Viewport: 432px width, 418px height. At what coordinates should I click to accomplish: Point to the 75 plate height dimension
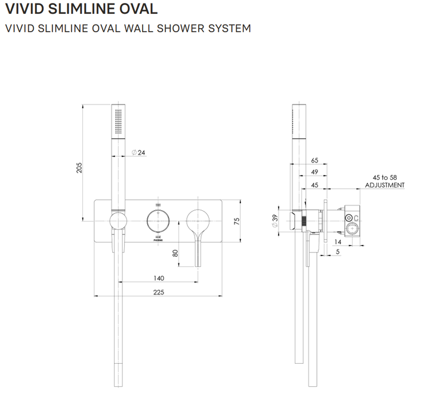[236, 220]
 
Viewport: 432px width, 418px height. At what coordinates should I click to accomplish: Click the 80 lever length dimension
[175, 252]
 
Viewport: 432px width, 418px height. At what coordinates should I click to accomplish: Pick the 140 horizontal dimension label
[159, 278]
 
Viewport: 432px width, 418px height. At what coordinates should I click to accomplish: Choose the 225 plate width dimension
[158, 292]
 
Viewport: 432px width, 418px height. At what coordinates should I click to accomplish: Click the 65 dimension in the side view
[315, 160]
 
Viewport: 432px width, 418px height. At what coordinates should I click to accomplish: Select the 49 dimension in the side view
[315, 172]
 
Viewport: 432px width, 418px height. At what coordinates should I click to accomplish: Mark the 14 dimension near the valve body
[338, 241]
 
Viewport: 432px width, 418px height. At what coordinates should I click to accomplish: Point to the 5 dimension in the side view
[338, 252]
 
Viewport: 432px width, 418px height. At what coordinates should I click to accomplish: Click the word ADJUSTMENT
[385, 185]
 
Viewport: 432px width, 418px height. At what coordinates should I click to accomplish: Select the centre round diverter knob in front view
[158, 220]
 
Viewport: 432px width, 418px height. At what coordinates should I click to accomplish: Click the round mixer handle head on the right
[198, 220]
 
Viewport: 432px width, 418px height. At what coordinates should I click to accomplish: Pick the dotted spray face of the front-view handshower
[119, 122]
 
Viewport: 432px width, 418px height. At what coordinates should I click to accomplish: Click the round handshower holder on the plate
[119, 220]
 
